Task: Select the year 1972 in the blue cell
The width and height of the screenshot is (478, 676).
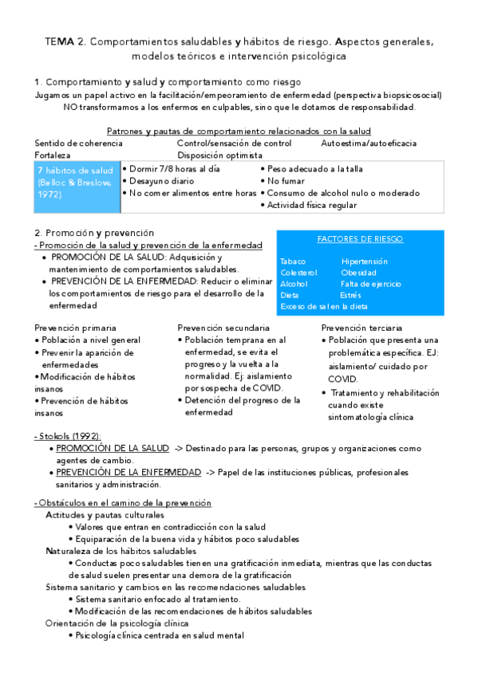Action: point(49,194)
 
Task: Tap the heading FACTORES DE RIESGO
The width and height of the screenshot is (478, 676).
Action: point(360,239)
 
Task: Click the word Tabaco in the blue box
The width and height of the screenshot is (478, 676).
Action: point(294,261)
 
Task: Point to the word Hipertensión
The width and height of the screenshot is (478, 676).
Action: point(364,261)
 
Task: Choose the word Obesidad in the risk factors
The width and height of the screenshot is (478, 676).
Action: point(358,273)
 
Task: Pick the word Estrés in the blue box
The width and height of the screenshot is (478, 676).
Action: point(350,295)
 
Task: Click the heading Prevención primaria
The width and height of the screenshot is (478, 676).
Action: point(75,328)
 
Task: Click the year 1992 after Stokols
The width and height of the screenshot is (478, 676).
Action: point(87,437)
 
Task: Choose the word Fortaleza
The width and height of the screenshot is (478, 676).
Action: point(53,155)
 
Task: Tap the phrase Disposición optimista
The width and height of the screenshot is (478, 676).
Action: point(220,155)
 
